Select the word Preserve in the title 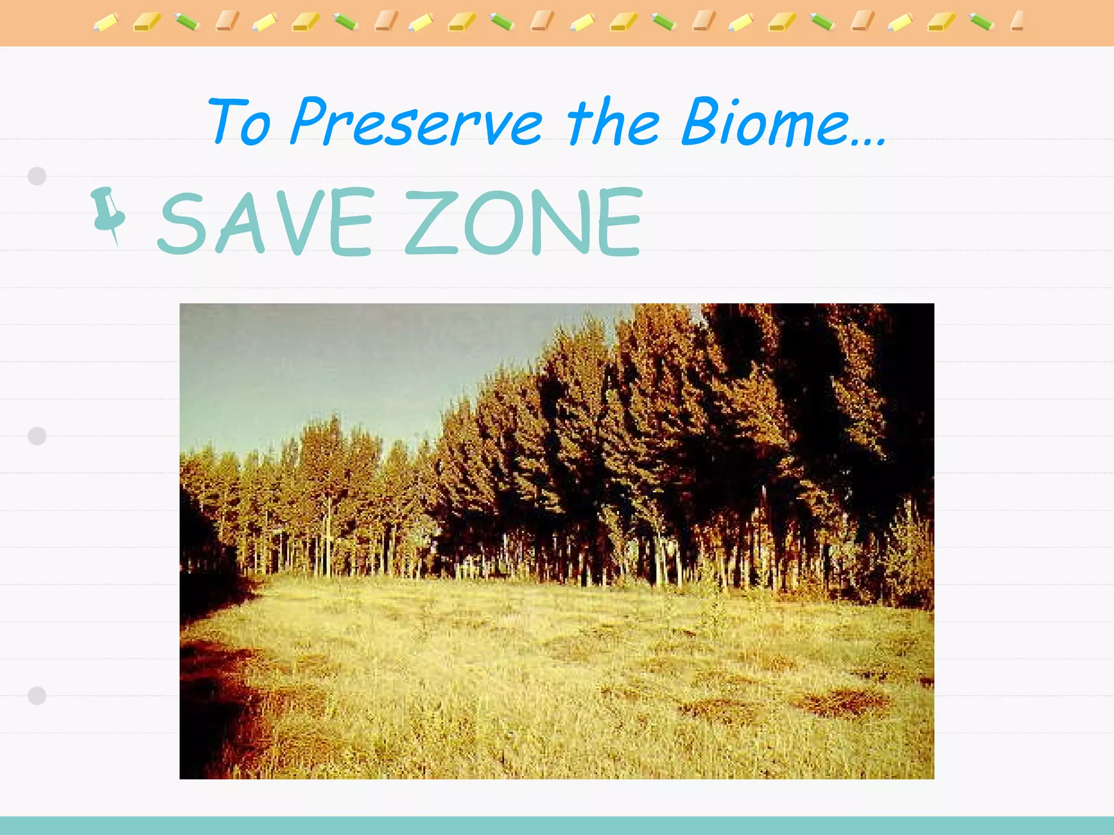(x=416, y=122)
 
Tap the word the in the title (x=613, y=122)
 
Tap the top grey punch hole (x=37, y=176)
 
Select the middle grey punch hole (x=37, y=436)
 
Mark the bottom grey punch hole (x=37, y=696)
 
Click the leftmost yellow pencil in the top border (x=106, y=23)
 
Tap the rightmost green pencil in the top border (x=981, y=22)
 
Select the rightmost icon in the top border (x=1017, y=22)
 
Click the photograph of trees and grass (x=556, y=541)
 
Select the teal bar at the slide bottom (x=557, y=826)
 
